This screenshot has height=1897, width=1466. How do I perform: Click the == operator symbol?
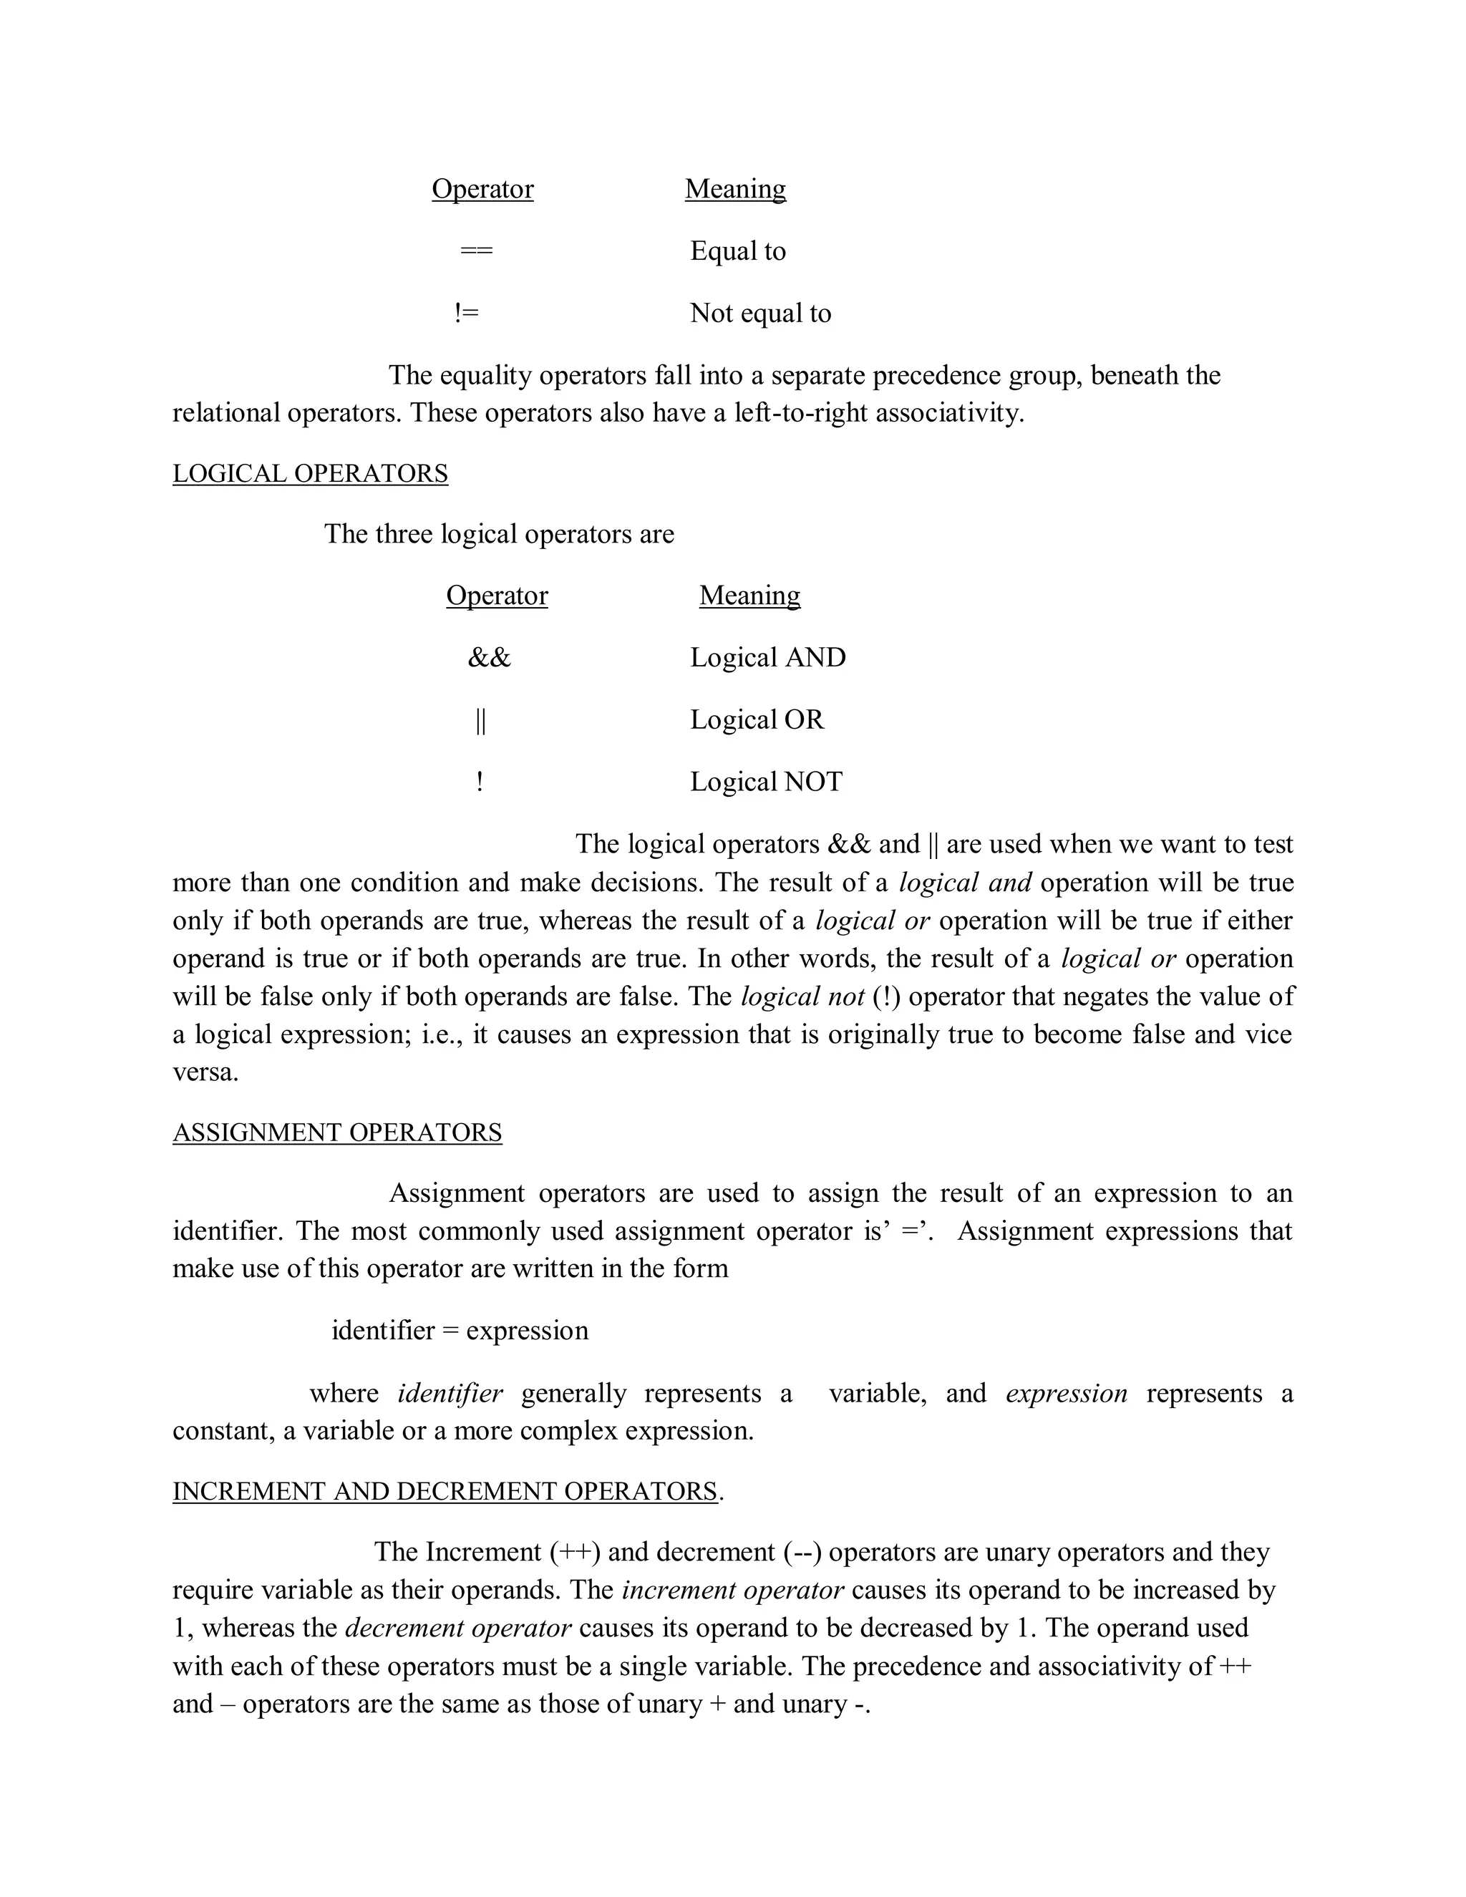(x=476, y=251)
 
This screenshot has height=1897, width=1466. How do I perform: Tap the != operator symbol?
(x=467, y=314)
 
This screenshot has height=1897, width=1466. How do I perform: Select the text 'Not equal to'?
(x=760, y=314)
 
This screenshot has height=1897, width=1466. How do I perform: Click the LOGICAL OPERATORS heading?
(x=310, y=473)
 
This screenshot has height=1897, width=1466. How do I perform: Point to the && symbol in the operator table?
(x=489, y=658)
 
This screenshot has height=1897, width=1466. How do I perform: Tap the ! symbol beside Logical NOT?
(x=480, y=782)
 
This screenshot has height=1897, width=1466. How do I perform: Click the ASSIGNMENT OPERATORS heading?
(x=337, y=1132)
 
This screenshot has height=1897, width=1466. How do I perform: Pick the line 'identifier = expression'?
(x=460, y=1331)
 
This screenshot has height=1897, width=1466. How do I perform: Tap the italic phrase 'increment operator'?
(x=733, y=1591)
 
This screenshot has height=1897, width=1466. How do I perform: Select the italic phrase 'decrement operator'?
(x=457, y=1628)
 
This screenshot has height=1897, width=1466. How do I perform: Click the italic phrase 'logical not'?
(x=802, y=996)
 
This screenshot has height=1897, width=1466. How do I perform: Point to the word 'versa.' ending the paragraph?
(x=205, y=1073)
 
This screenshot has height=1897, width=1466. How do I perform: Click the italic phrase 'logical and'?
(x=965, y=883)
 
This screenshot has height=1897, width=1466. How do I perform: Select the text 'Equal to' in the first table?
(x=737, y=251)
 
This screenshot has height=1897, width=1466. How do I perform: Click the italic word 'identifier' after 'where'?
(x=450, y=1393)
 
